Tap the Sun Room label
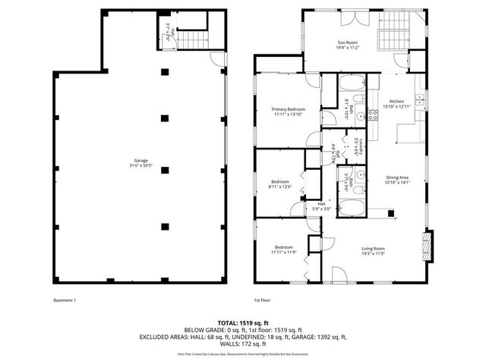[347, 45]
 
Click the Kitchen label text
[396, 105]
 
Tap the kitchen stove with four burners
[373, 115]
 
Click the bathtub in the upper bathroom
[352, 83]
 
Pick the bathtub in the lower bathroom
[352, 206]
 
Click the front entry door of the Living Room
[339, 275]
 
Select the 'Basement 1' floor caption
[65, 300]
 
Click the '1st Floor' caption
[263, 300]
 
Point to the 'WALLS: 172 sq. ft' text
[242, 344]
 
